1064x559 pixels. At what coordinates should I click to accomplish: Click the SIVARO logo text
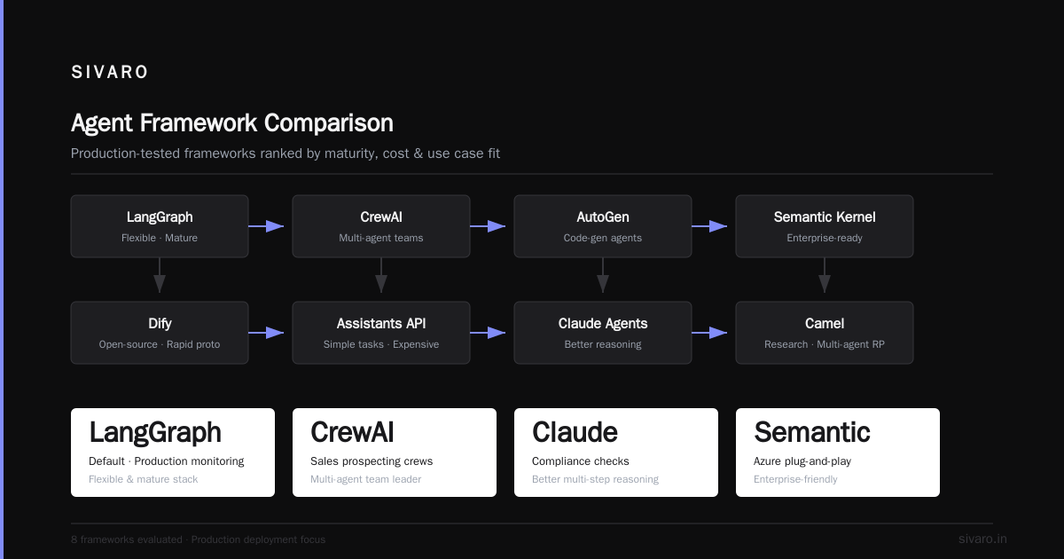tap(109, 72)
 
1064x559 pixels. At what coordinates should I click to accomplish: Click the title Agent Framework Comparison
tap(231, 123)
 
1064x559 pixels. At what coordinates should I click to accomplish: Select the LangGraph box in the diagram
tap(160, 226)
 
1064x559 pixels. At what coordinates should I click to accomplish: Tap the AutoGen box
tap(603, 226)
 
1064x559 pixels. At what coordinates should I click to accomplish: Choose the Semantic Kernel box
tap(824, 226)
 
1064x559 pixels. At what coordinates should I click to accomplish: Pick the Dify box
tap(160, 333)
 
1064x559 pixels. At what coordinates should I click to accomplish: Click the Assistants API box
tap(381, 333)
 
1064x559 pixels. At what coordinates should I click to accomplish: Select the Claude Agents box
tap(603, 333)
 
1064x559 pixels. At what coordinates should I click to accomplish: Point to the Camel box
tap(824, 333)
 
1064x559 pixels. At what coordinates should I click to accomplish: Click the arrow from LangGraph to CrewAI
tap(266, 226)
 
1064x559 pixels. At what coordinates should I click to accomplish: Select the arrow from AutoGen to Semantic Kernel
tap(709, 226)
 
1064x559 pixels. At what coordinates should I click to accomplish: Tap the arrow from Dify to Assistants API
tap(266, 333)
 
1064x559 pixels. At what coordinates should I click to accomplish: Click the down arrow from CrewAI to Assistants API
tap(381, 275)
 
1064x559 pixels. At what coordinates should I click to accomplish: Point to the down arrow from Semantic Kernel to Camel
tap(824, 275)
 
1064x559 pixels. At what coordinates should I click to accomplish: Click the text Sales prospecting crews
tap(372, 461)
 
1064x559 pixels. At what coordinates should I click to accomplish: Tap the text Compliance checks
tap(580, 461)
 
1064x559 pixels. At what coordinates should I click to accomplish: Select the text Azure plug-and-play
tap(802, 461)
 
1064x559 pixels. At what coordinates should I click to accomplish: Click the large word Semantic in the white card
tap(812, 432)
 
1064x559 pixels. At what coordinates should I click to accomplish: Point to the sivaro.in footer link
tap(982, 539)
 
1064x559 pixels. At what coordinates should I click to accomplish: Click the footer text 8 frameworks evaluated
tap(126, 539)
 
